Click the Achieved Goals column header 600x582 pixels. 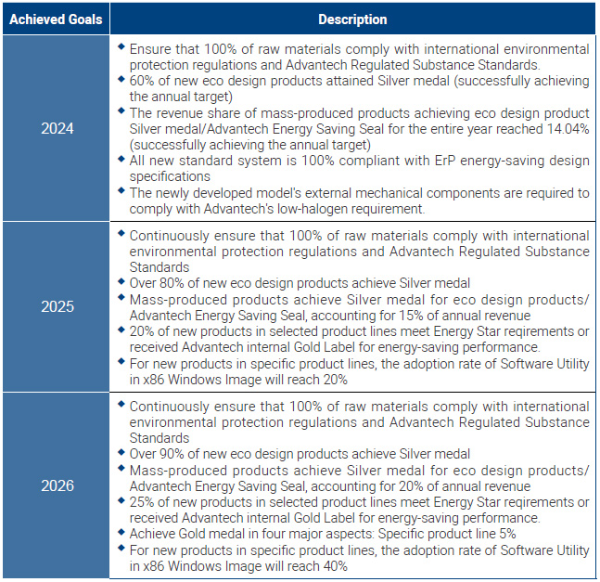[57, 19]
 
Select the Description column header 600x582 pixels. [352, 19]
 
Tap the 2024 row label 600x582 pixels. [57, 128]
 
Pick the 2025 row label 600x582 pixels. [57, 306]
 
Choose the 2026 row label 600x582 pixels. [57, 485]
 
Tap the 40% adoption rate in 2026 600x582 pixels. [331, 565]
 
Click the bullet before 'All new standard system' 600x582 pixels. [121, 160]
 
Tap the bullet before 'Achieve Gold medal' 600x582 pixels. [121, 533]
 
